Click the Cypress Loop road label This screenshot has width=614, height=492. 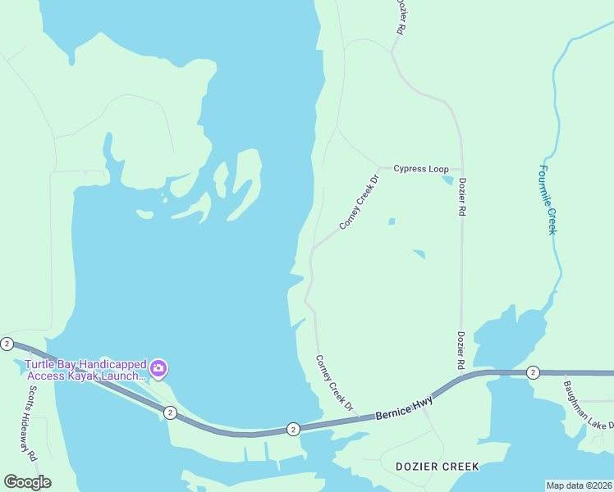(420, 169)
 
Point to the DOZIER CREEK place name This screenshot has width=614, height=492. (437, 467)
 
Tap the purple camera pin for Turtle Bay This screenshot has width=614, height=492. (159, 368)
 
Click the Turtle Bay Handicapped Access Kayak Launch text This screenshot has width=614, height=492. (85, 370)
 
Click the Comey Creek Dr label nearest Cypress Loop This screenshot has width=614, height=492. (360, 202)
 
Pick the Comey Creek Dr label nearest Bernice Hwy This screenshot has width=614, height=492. (335, 384)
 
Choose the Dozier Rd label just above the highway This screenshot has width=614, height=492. (462, 349)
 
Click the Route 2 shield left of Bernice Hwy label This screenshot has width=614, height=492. (293, 429)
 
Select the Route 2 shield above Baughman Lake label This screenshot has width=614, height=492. (533, 372)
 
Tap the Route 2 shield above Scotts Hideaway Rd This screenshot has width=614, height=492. (7, 344)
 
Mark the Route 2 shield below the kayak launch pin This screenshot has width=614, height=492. (169, 412)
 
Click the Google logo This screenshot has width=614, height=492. (27, 482)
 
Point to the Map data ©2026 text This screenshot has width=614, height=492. (579, 485)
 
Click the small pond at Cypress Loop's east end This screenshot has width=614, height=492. (448, 180)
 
